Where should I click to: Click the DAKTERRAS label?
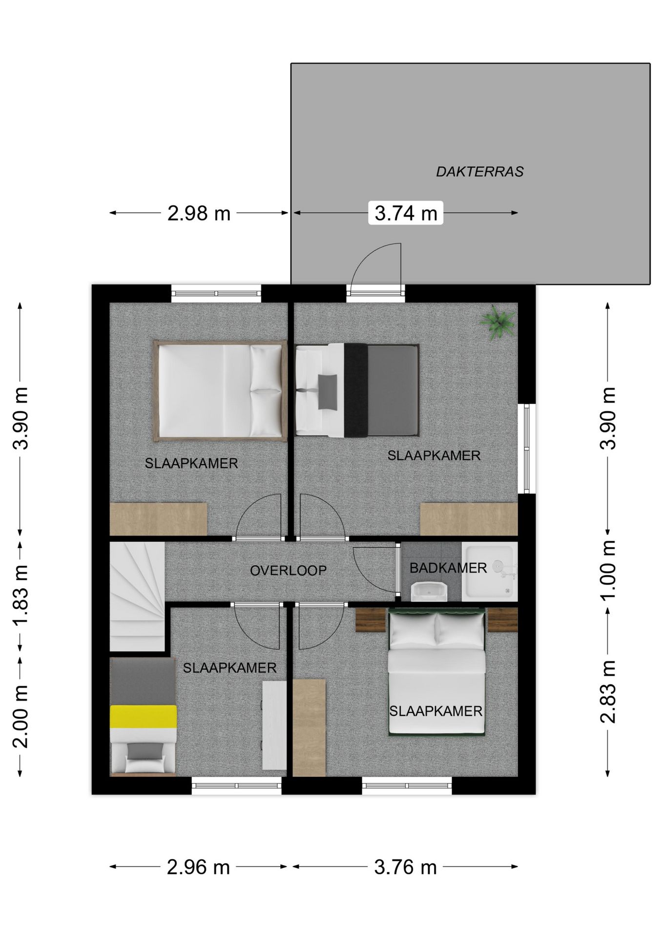[x=479, y=172]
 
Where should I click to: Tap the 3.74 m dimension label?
[x=406, y=213]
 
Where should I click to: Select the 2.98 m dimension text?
[x=199, y=213]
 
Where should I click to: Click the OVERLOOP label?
[x=288, y=570]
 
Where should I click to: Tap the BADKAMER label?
[x=448, y=568]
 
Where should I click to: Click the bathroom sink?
[x=430, y=591]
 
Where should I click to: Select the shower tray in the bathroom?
[x=490, y=571]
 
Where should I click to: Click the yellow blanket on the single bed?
[x=143, y=716]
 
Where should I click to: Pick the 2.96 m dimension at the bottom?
[x=198, y=867]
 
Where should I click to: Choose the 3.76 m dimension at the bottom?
[x=405, y=867]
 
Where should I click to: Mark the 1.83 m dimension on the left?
[x=21, y=595]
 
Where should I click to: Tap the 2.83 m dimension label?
[x=608, y=692]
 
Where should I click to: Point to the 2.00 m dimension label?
[x=21, y=717]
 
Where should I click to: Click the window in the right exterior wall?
[x=527, y=448]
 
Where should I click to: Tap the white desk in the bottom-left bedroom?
[x=274, y=725]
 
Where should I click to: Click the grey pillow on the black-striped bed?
[x=328, y=392]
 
